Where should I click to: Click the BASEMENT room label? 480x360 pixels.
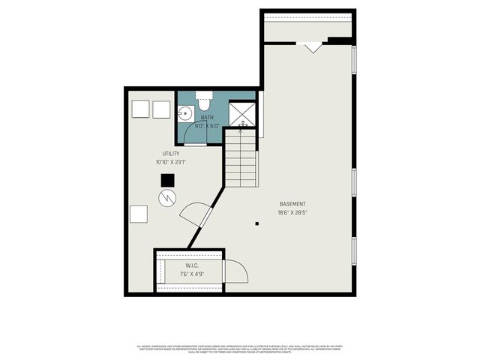pyautogui.click(x=292, y=204)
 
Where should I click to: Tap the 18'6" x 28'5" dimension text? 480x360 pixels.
pyautogui.click(x=292, y=213)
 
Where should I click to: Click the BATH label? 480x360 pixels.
pyautogui.click(x=207, y=118)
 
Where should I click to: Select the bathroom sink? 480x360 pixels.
pyautogui.click(x=185, y=114)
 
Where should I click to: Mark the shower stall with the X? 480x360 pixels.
pyautogui.click(x=242, y=112)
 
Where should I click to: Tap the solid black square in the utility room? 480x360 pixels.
pyautogui.click(x=168, y=180)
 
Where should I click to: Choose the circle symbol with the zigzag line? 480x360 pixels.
pyautogui.click(x=167, y=197)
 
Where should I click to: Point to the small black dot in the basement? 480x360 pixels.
pyautogui.click(x=257, y=223)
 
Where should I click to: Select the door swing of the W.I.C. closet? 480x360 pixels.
pyautogui.click(x=236, y=271)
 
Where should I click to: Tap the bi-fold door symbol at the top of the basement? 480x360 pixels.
pyautogui.click(x=313, y=47)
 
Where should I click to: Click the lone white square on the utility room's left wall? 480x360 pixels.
pyautogui.click(x=139, y=214)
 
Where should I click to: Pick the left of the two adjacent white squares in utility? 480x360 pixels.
pyautogui.click(x=140, y=109)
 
